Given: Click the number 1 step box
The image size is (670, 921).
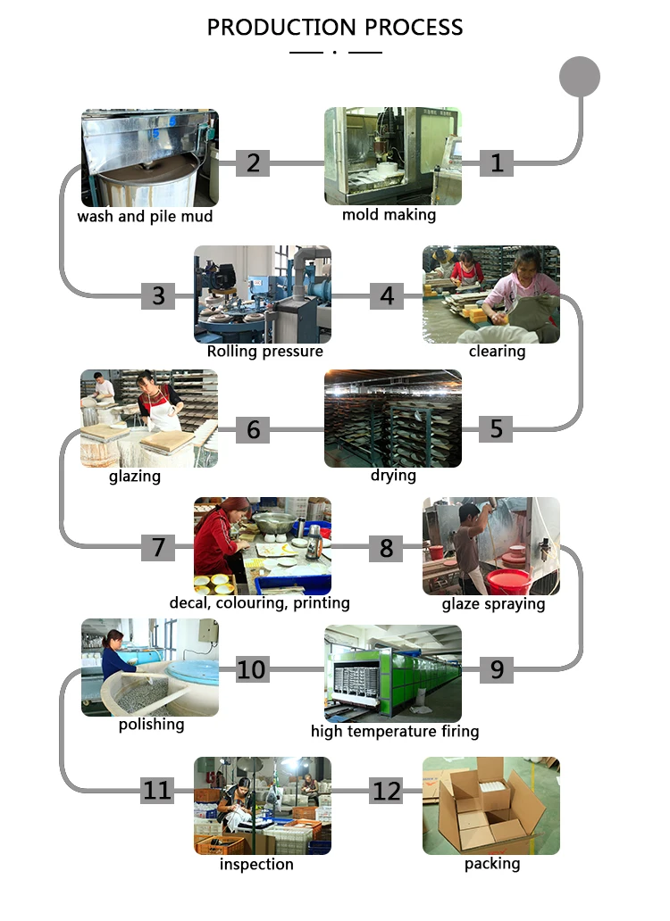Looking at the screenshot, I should pos(497,162).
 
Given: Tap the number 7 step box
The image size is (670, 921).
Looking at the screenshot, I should pos(158,546).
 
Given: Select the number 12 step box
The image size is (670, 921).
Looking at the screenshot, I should pos(386,791).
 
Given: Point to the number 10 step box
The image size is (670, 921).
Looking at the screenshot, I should pos(251,668).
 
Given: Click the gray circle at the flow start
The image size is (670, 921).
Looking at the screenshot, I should pos(579,76).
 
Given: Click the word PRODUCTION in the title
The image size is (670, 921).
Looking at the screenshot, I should pos(270,27).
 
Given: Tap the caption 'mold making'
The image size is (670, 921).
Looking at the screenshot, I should pos(389,215).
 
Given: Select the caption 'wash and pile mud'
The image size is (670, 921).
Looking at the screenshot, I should pos(145,216).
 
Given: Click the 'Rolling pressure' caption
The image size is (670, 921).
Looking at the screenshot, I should pos(264,352).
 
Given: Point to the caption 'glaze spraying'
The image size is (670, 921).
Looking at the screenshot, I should pos(493,604).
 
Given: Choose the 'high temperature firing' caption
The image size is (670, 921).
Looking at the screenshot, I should pos(395,732).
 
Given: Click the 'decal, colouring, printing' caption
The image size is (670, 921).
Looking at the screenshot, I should pos(259,603).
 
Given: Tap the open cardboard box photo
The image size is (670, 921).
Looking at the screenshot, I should pos(490,805).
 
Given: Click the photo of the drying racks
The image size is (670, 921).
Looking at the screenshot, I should pos(392,418).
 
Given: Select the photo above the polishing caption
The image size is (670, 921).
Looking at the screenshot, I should pos(149,667).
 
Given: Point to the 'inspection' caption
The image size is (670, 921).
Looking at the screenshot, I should pos(256,864).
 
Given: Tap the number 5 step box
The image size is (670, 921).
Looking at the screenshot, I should pos(496,428).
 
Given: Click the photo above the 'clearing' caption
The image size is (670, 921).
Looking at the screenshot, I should pos(490,294).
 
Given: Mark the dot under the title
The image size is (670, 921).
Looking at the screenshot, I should pos(334,53).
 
